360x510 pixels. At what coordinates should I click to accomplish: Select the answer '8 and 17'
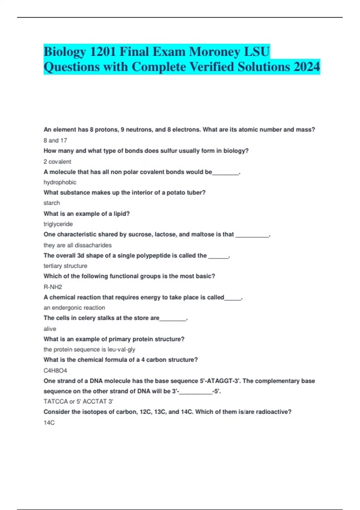55,140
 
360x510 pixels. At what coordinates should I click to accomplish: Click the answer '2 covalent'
57,162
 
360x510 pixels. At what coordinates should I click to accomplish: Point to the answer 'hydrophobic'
60,182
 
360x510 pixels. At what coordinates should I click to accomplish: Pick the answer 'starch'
52,203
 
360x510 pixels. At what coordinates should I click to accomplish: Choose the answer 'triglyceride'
58,224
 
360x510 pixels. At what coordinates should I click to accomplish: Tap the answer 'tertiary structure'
65,266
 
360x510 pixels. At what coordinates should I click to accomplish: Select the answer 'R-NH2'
53,287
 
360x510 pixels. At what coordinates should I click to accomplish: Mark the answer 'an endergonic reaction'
74,308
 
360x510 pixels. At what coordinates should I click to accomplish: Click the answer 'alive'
50,329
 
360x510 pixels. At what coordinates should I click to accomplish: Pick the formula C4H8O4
55,370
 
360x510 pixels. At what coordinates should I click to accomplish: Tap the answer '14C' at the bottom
49,423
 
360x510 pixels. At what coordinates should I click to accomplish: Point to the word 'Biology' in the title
64,52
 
